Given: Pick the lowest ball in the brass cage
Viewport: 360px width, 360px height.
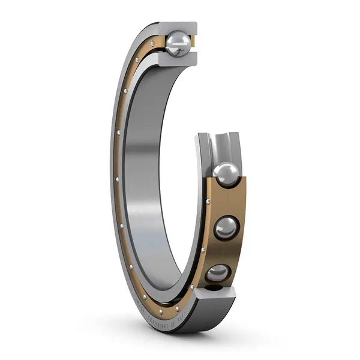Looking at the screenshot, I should (x=220, y=274).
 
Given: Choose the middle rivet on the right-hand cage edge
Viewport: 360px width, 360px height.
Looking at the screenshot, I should (x=205, y=247).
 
